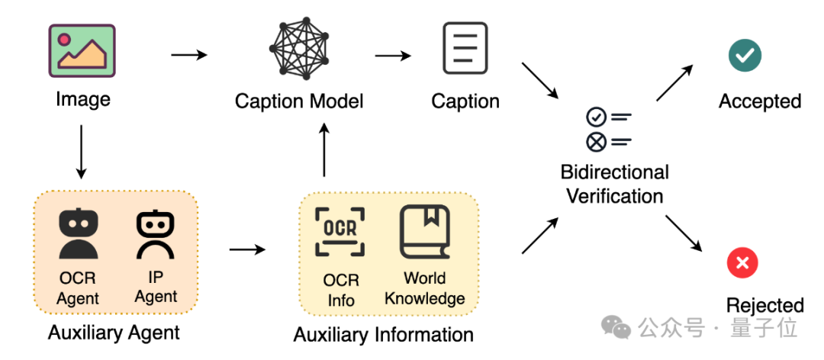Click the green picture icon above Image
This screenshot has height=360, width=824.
(x=82, y=50)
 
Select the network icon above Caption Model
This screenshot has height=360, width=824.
(x=299, y=48)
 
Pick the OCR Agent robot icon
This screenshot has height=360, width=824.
(x=79, y=236)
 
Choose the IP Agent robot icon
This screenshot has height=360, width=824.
(x=155, y=236)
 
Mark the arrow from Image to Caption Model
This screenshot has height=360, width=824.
(x=189, y=55)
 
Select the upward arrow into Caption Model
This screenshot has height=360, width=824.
(x=324, y=151)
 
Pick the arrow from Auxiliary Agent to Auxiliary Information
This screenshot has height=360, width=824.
(x=247, y=249)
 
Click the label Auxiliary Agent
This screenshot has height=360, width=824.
(x=114, y=333)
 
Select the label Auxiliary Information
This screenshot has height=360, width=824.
(x=383, y=334)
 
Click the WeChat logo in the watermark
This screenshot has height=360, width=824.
(x=616, y=328)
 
